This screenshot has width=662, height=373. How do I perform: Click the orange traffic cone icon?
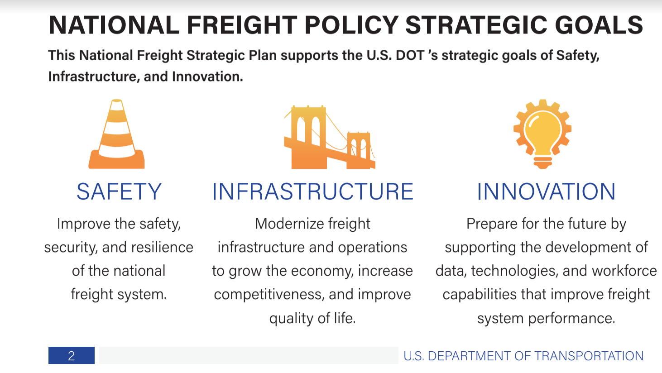click(116, 134)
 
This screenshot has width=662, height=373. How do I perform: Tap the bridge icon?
click(330, 137)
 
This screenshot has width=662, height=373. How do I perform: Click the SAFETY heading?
click(119, 191)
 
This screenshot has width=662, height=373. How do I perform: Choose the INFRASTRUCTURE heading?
click(313, 191)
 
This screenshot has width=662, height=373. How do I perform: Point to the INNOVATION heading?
click(546, 191)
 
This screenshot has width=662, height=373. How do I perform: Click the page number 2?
click(71, 356)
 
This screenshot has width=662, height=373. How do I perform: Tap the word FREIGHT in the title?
click(242, 25)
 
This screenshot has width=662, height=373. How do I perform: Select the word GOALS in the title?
click(599, 25)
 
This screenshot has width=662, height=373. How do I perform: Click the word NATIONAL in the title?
click(114, 25)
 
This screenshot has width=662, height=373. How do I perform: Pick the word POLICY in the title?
click(351, 25)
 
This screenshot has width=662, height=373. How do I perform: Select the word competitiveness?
click(269, 295)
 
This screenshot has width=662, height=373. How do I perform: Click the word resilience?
click(162, 247)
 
